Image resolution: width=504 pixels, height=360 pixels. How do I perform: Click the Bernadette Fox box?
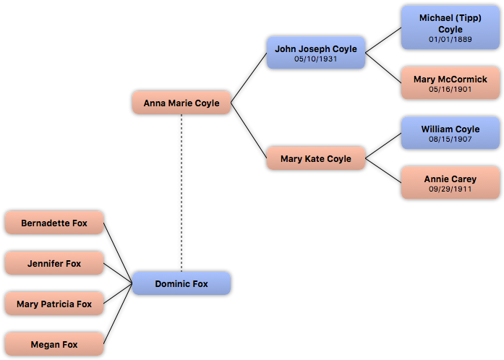coord(54,223)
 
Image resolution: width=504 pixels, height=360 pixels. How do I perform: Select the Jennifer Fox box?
coord(54,263)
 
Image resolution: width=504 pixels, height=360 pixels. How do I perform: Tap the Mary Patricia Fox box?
coord(54,304)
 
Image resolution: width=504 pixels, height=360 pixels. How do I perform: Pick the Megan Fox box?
coord(54,344)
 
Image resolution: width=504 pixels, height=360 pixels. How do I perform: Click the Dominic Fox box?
coord(181,283)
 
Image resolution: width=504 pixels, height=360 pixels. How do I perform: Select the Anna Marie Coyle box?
coord(181,103)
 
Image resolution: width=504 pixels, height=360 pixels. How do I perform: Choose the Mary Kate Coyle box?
coord(316,158)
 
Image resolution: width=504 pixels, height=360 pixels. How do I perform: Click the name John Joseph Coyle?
coord(316,48)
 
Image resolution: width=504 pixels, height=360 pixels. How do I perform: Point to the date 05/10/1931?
coord(316,59)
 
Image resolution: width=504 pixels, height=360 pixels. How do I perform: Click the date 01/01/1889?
coord(450,40)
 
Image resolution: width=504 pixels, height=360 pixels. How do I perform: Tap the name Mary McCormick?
coord(450,79)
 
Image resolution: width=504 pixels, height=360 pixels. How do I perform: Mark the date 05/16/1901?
coord(450,90)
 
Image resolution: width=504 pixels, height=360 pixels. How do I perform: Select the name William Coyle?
coord(450,129)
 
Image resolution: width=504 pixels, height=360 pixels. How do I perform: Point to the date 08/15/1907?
coord(450,140)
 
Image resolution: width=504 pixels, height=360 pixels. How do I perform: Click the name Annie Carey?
coord(450,179)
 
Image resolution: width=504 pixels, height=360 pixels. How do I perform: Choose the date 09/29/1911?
coord(450,189)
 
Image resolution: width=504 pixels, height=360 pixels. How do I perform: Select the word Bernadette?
coord(45,223)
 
